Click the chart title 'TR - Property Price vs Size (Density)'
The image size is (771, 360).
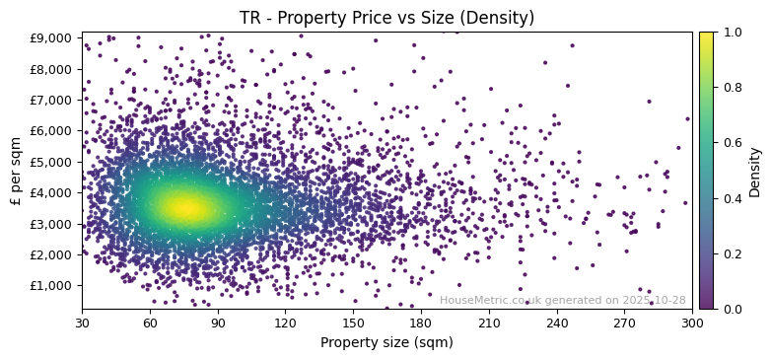coord(386,18)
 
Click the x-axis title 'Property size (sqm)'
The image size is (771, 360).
coord(386,342)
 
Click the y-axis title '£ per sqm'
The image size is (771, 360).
coord(16,171)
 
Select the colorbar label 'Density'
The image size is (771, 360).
coord(755,171)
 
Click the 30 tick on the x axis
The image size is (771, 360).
coord(82,323)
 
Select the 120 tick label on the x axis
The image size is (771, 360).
coord(285,323)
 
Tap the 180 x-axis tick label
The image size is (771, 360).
coord(421,323)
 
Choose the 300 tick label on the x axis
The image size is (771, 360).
coord(692,323)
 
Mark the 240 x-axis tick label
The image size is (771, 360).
coord(557,323)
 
